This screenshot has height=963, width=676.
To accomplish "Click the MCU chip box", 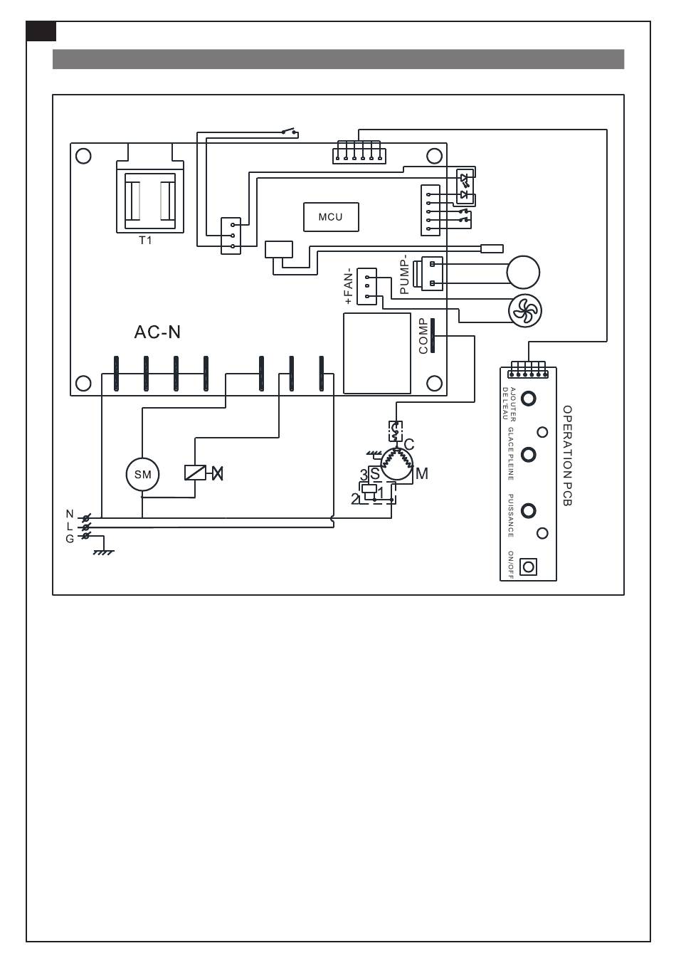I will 330,217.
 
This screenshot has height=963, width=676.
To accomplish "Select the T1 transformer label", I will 145,241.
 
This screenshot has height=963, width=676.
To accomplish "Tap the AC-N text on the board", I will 157,332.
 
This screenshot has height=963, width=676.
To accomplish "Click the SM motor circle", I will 142,475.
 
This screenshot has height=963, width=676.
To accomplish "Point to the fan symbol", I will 524,310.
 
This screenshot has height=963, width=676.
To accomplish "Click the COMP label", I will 423,336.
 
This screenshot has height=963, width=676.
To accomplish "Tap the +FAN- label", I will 349,286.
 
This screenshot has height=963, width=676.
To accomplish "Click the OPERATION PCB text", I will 567,456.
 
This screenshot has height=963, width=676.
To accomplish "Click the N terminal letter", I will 70,514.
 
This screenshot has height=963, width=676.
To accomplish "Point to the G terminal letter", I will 70,539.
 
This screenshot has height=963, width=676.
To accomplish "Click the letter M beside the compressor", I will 422,474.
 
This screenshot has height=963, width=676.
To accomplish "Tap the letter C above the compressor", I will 408,445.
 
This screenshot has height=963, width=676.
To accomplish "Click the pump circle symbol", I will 523,272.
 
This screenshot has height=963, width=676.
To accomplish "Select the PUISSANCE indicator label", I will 511,515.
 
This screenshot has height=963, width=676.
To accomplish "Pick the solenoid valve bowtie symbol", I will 217,473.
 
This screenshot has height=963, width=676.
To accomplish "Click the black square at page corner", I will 41,31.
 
